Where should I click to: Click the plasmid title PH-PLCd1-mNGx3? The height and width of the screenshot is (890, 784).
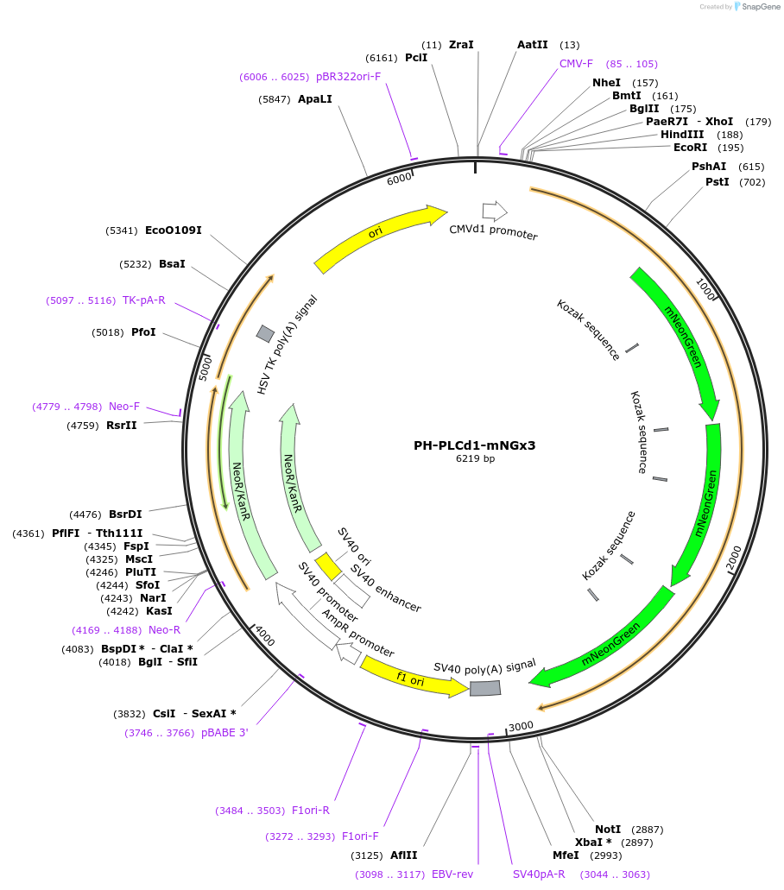pyautogui.click(x=474, y=445)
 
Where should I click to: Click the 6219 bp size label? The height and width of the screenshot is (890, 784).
pyautogui.click(x=475, y=459)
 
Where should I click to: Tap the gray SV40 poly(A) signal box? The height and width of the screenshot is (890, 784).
pyautogui.click(x=484, y=687)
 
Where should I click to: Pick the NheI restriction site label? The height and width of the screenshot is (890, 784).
pyautogui.click(x=606, y=83)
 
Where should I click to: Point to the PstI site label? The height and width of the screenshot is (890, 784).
pyautogui.click(x=717, y=182)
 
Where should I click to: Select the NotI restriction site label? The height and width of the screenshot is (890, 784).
pyautogui.click(x=608, y=829)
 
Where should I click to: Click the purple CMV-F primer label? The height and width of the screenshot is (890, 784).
pyautogui.click(x=576, y=64)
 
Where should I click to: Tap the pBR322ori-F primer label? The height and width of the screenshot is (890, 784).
pyautogui.click(x=348, y=77)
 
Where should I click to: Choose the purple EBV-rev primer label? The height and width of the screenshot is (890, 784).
pyautogui.click(x=452, y=874)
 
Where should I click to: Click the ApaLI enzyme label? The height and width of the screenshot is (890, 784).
pyautogui.click(x=314, y=99)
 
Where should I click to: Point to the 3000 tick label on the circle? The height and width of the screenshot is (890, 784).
pyautogui.click(x=522, y=726)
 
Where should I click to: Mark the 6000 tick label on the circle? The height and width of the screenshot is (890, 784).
pyautogui.click(x=399, y=179)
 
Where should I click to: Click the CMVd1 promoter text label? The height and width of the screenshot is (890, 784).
pyautogui.click(x=493, y=232)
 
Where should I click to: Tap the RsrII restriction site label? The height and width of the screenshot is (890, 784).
pyautogui.click(x=121, y=425)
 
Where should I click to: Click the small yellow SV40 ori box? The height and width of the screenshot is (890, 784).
pyautogui.click(x=328, y=566)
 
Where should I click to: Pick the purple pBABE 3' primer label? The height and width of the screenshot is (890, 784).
pyautogui.click(x=224, y=733)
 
